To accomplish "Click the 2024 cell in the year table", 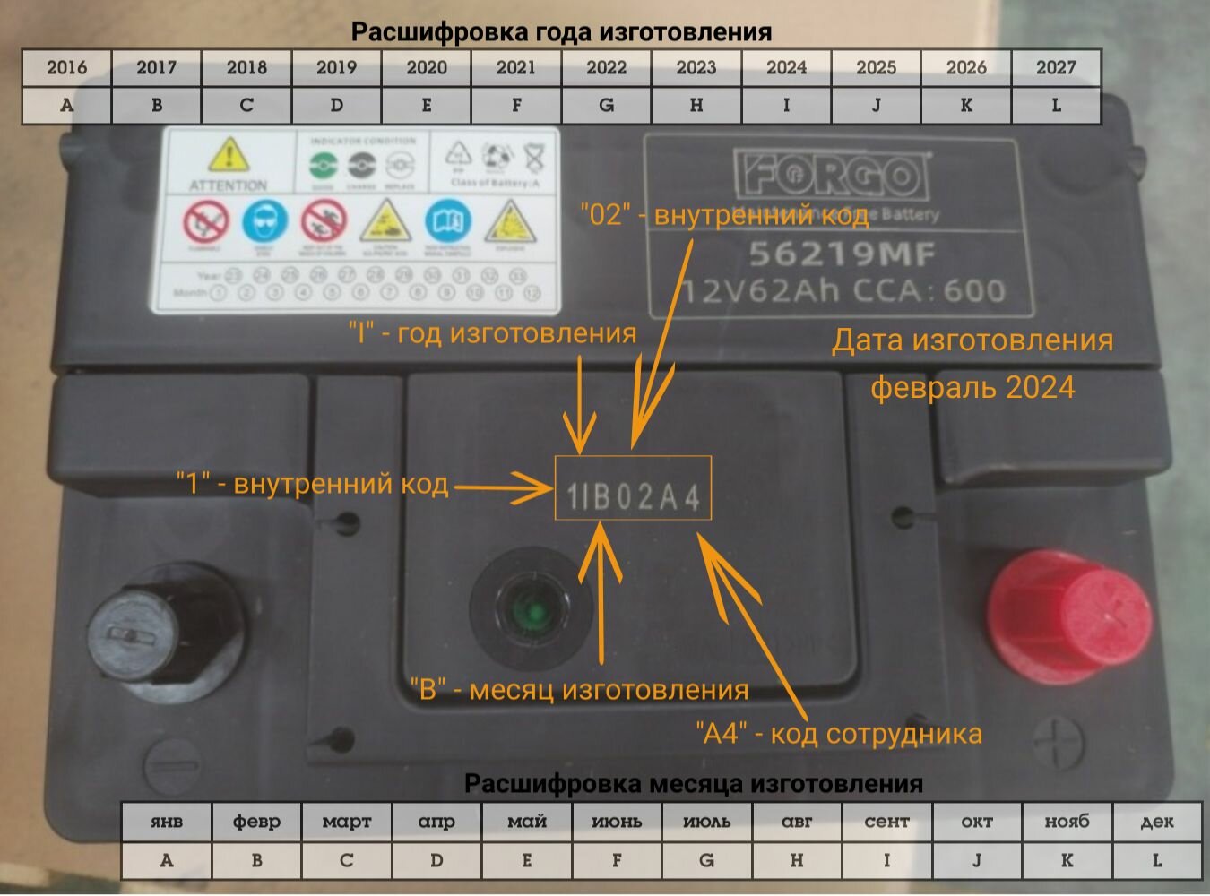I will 786,67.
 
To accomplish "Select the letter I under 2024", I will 786,105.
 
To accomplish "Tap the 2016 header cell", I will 67,67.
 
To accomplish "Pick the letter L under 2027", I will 1056,105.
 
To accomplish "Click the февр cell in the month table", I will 256,821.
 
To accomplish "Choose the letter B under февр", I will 256,860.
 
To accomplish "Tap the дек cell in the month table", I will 1156,821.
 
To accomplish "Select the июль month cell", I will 706,821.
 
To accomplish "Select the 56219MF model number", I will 842,254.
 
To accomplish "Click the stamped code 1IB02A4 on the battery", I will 633,495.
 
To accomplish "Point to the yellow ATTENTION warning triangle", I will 229,156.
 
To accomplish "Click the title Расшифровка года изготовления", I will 561,31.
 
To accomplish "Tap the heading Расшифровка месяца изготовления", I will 693,783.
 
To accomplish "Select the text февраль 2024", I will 972,387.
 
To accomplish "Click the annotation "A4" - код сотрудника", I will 839,733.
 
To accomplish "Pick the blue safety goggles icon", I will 266,221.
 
